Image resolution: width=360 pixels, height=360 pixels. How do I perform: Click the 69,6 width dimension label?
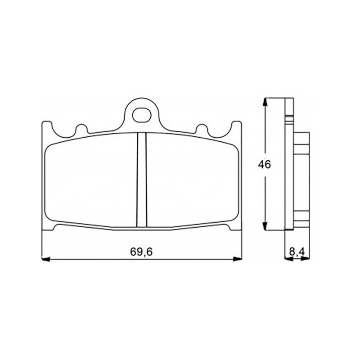point(141,252)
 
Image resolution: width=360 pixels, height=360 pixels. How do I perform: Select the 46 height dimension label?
point(264,164)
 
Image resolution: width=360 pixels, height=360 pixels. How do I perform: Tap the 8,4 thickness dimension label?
point(297,252)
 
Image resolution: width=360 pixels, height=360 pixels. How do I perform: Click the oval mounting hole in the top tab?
point(141,115)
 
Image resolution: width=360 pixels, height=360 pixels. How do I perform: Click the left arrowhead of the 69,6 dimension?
point(46,259)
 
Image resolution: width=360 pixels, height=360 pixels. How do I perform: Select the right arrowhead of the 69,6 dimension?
point(238,259)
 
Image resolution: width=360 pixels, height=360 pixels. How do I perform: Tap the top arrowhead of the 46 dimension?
point(265,102)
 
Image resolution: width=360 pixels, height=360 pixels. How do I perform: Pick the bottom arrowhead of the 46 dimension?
point(265,226)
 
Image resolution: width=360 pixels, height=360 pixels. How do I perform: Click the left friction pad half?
point(91,180)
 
